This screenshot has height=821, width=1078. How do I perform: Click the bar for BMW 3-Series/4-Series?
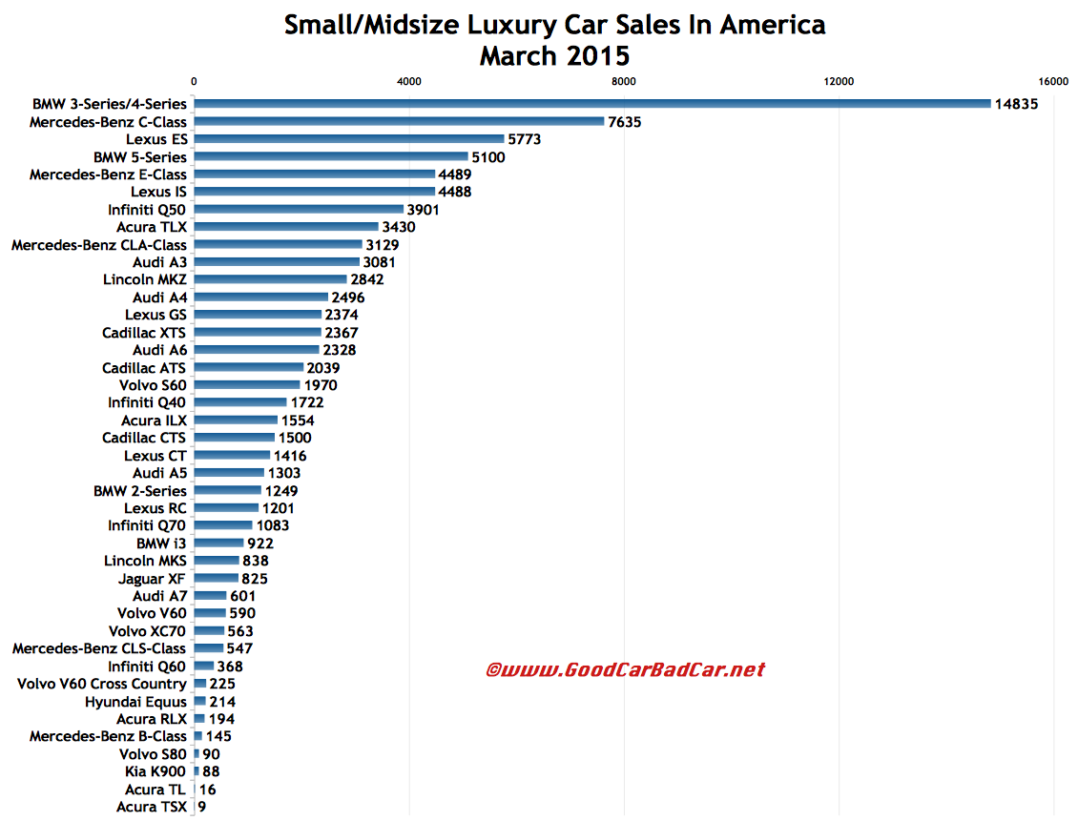tap(591, 104)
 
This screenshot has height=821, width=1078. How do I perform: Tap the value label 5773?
tap(525, 139)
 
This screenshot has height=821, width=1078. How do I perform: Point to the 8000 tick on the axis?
tap(624, 82)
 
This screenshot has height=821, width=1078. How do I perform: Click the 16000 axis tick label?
tap(1053, 82)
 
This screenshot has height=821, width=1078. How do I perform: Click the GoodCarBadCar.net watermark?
tap(625, 670)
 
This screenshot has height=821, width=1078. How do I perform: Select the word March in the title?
tap(521, 56)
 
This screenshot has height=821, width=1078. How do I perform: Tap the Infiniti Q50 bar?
tap(299, 210)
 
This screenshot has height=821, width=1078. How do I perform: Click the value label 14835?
tap(1017, 104)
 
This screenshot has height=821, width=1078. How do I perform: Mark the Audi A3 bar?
tap(277, 262)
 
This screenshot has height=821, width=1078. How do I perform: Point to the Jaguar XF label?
tap(153, 578)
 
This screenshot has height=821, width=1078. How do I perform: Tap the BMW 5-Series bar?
tap(330, 156)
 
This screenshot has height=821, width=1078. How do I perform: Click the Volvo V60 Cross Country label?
tap(102, 684)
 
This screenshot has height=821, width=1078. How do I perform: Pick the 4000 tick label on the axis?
tap(408, 82)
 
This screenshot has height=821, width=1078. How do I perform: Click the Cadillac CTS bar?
tap(234, 438)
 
